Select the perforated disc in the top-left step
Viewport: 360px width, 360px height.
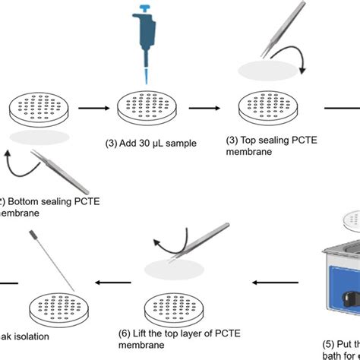pyautogui.click(x=33, y=109)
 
